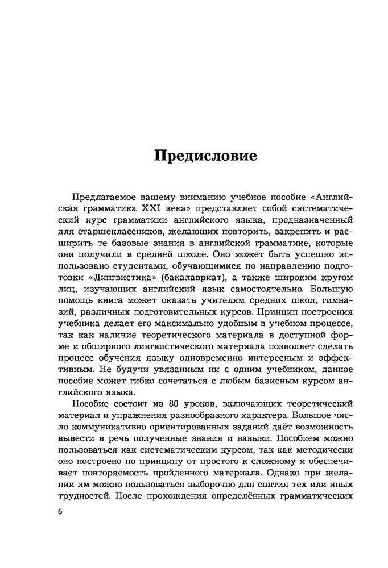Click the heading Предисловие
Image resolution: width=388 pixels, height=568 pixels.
click(x=205, y=155)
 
